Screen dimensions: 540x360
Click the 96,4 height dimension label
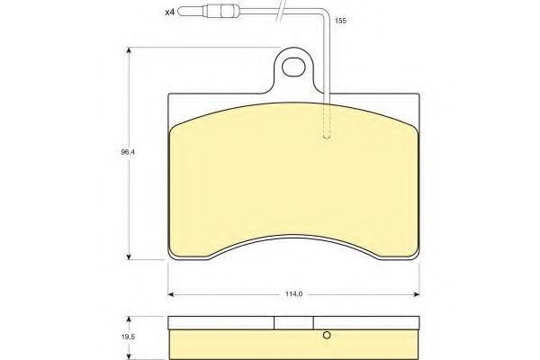(128, 152)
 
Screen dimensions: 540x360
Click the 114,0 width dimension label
(293, 294)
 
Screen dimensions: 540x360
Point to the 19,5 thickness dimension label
(128, 337)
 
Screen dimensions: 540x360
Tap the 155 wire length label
(340, 21)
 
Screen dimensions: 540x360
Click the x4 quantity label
(170, 13)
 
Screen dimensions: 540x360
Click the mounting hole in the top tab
(293, 67)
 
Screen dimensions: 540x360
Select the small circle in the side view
(327, 335)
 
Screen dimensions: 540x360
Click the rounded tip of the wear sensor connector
(181, 12)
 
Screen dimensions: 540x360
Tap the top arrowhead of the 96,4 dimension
(129, 50)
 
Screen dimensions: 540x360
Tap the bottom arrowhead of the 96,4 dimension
(129, 256)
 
